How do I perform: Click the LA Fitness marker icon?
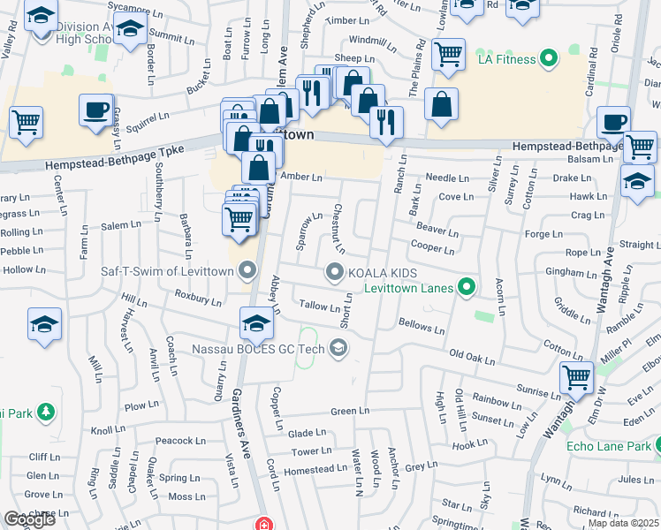pos(549,59)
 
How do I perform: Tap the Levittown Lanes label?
pos(409,287)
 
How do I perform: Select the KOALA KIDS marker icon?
pos(335,273)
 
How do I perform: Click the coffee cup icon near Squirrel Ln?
pos(95,110)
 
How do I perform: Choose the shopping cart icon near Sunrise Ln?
pos(577,377)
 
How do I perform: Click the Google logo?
pos(29,519)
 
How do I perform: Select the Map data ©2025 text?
pos(622,523)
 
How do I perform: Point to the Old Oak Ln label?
pos(472,356)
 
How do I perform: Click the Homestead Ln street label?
pos(308,469)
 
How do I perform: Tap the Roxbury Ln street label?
pos(198,299)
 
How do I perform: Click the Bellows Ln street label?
pos(422,327)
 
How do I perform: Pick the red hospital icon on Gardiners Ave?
pos(261,524)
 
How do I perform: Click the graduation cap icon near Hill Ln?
pos(44,324)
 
